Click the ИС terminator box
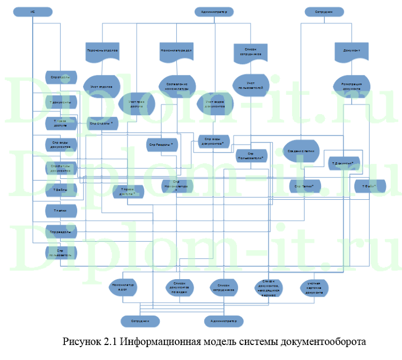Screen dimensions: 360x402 click(33, 11)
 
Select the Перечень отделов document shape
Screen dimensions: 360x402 click(102, 51)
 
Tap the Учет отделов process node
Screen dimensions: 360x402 click(101, 86)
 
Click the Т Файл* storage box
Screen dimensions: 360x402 click(369, 186)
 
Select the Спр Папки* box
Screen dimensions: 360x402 click(304, 186)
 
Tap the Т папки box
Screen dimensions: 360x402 click(61, 211)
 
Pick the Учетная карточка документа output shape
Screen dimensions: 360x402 click(314, 288)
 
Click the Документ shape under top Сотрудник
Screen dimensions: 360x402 click(351, 51)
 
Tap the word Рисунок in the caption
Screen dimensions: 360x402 click(81, 341)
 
